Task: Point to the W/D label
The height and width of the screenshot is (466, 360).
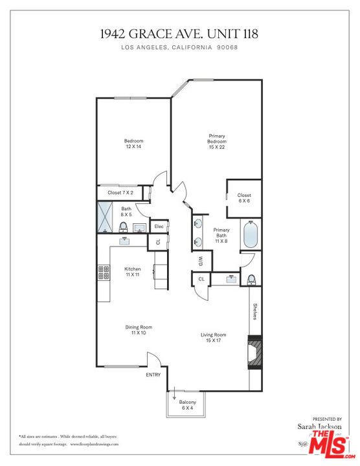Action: [200, 261]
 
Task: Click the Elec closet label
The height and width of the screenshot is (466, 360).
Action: [158, 226]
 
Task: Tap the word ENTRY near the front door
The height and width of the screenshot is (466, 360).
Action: [153, 375]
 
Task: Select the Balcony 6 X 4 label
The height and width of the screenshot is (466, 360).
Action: [187, 405]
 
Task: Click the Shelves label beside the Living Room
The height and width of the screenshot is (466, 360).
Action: [256, 313]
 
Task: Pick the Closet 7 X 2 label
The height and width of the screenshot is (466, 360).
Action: [121, 193]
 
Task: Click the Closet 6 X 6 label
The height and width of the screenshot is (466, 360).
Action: [244, 198]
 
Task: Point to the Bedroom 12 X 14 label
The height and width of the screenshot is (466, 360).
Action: [134, 144]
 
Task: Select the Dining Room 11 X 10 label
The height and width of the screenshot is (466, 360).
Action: [139, 330]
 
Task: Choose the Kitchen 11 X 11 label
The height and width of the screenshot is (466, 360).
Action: [133, 272]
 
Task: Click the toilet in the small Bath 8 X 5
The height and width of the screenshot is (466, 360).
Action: [123, 227]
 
